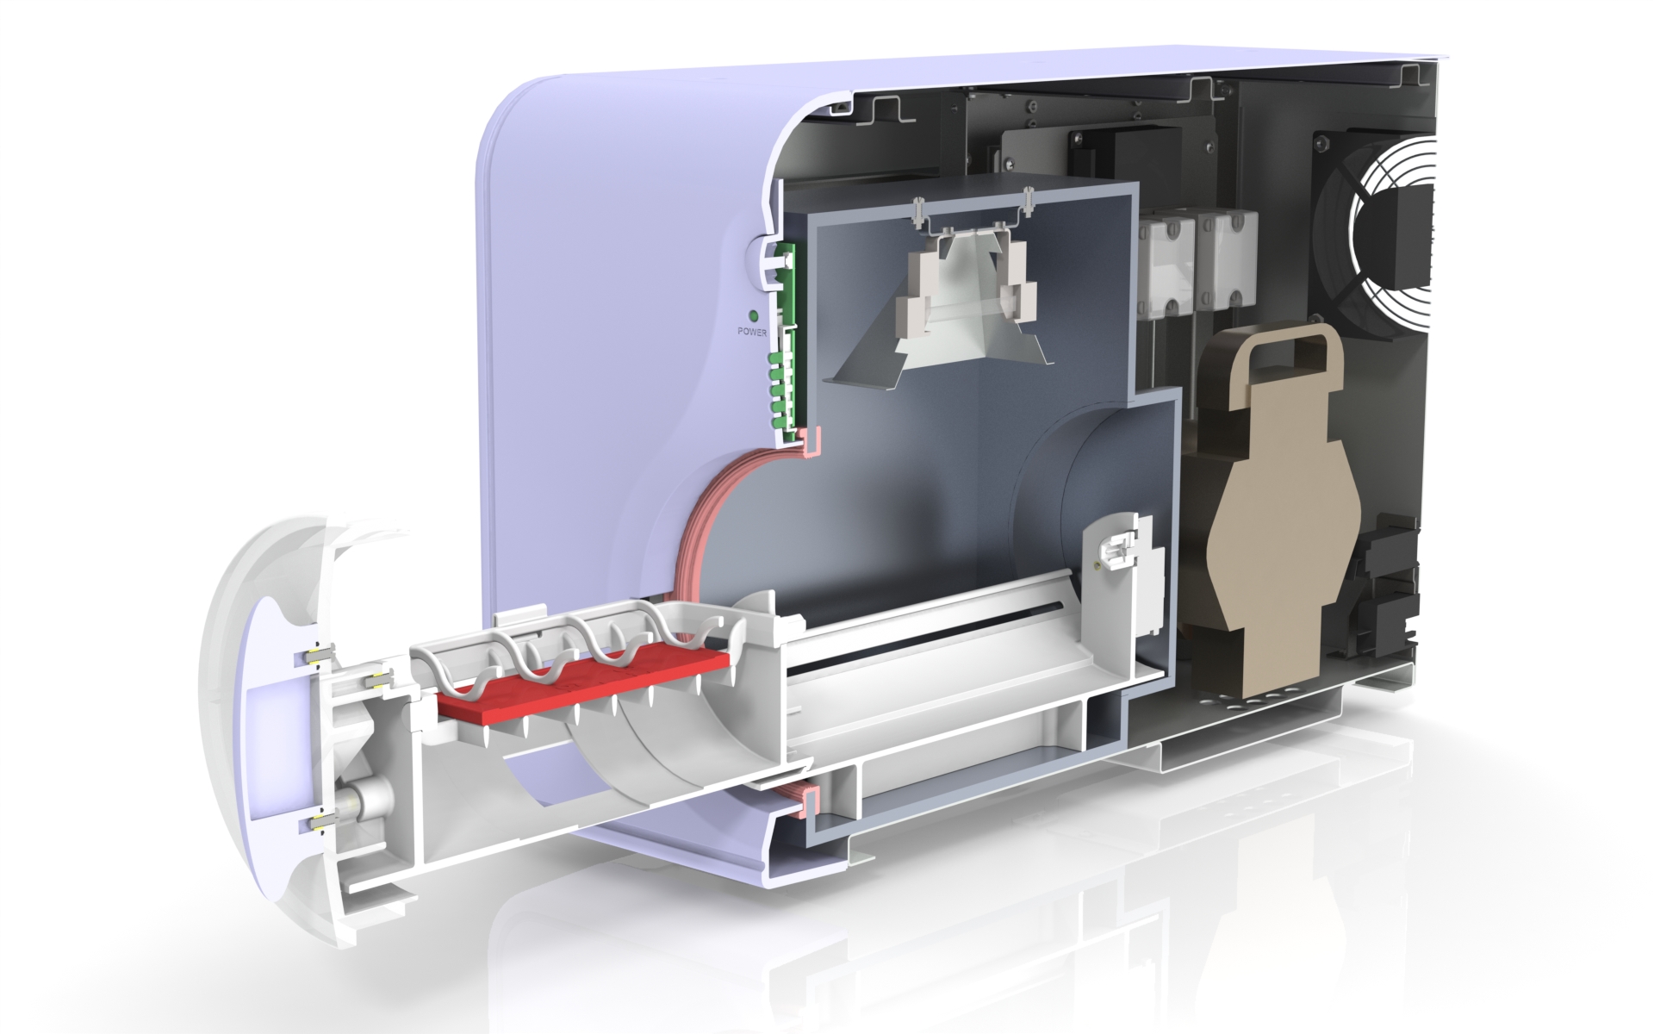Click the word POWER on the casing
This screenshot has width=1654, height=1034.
pyautogui.click(x=753, y=331)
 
